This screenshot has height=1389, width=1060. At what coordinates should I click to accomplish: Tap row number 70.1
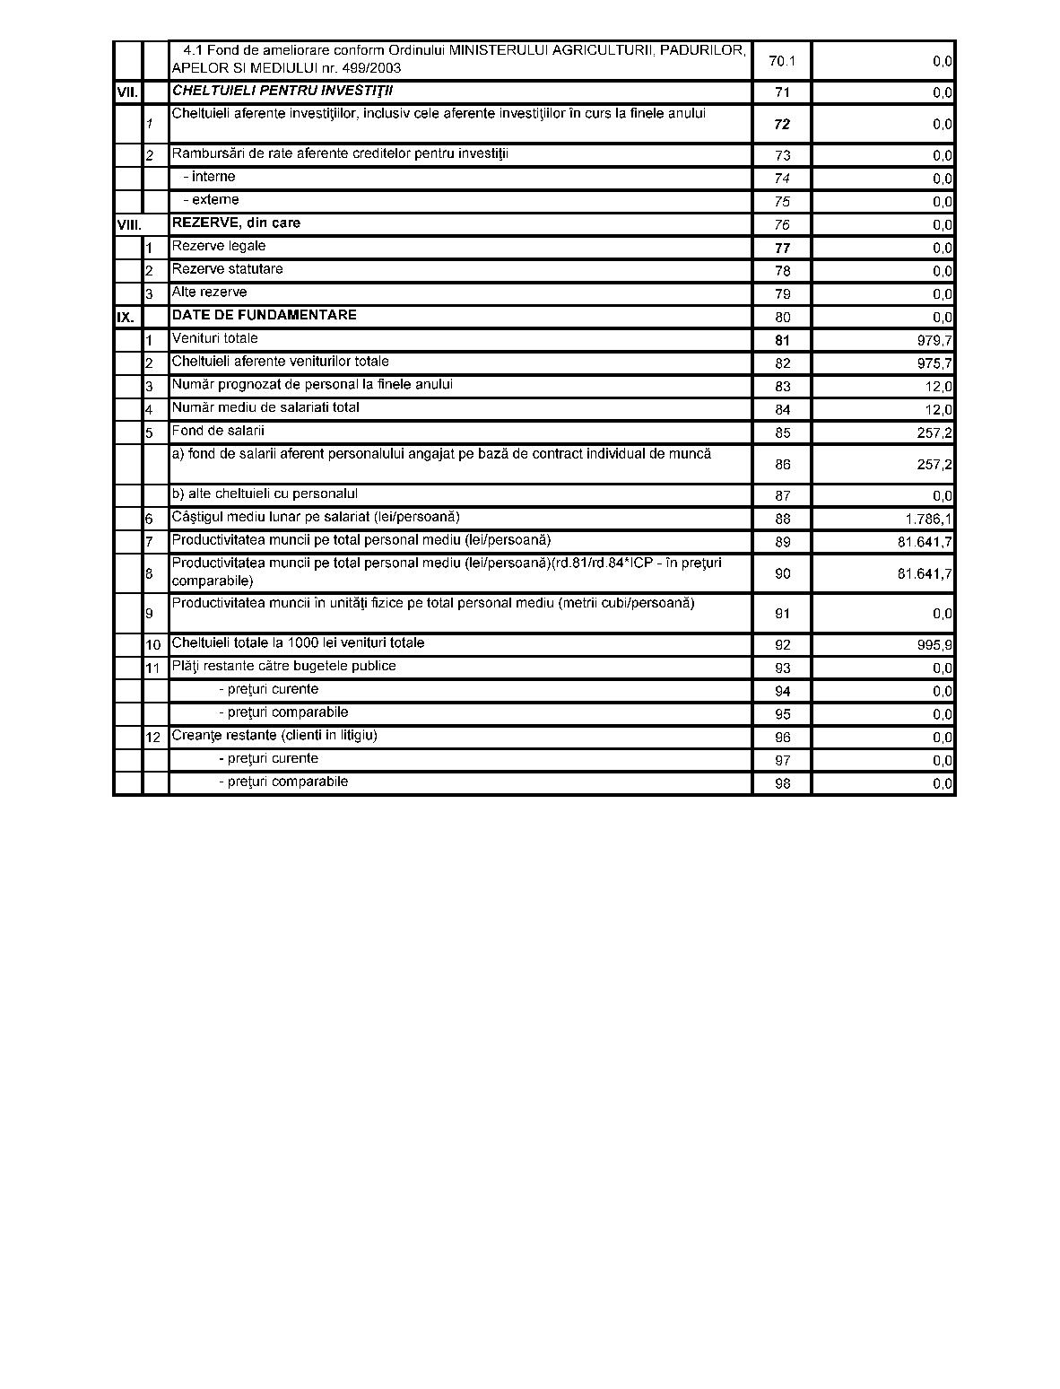pos(782,61)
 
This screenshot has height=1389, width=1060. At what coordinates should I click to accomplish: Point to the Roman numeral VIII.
pos(129,224)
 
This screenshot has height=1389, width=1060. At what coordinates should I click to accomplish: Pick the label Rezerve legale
pos(219,246)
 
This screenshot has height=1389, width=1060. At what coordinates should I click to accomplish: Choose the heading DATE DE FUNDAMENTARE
pos(265,315)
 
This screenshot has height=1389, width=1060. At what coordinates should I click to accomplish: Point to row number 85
pos(782,432)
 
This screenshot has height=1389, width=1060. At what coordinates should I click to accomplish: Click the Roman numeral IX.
pos(126,317)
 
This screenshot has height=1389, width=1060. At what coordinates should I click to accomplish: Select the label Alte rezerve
pos(209,293)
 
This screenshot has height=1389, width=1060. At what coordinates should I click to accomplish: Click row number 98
pos(782,783)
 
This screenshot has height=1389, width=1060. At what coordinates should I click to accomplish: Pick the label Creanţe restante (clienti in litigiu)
pos(274,735)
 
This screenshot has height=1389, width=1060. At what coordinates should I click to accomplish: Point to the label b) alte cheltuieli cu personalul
pos(265,494)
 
